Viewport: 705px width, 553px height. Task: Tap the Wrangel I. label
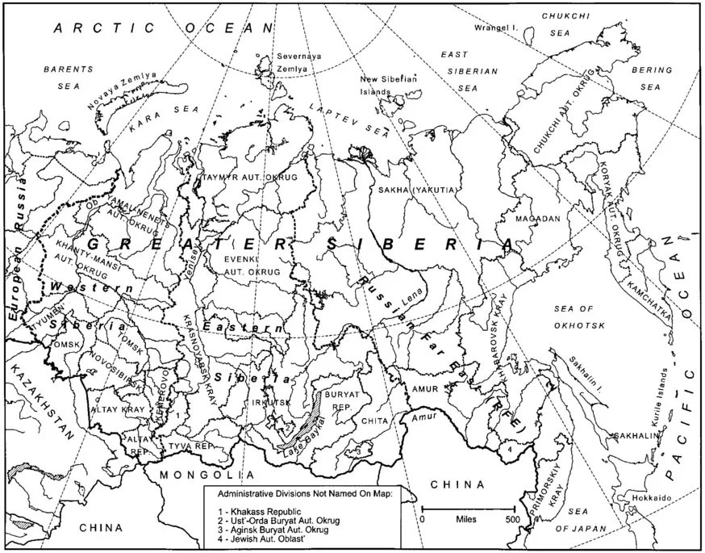tap(494, 27)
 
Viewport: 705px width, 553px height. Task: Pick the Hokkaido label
tap(651, 498)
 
